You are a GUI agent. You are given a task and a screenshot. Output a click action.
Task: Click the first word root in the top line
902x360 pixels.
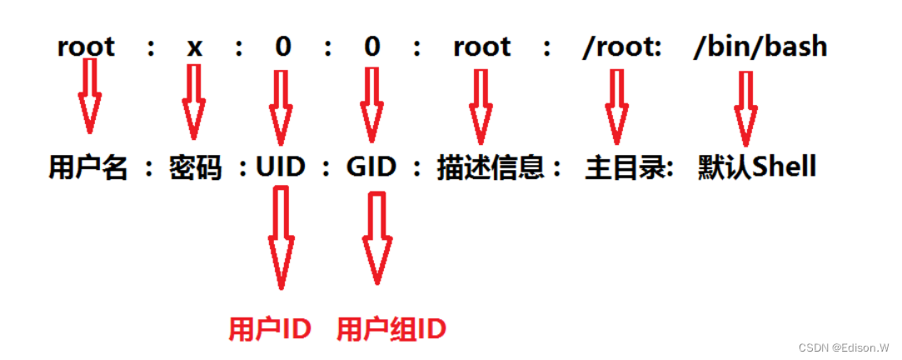86,47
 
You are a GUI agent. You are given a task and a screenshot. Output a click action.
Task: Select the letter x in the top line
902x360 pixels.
194,47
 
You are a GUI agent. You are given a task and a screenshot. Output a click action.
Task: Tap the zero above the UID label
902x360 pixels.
283,47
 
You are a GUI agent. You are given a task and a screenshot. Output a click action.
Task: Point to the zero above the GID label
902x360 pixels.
371,47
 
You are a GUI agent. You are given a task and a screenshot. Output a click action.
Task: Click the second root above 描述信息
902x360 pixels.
481,47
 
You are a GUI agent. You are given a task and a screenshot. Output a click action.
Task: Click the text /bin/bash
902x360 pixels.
760,47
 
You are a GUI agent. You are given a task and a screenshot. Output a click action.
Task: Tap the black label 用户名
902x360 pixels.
87,168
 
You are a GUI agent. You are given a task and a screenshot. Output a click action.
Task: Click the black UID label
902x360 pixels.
282,168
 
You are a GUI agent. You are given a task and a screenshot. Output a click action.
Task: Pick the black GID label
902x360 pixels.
371,168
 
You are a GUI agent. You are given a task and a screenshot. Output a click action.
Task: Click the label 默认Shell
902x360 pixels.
757,168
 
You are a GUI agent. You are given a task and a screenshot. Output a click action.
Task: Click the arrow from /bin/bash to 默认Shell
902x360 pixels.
745,107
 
